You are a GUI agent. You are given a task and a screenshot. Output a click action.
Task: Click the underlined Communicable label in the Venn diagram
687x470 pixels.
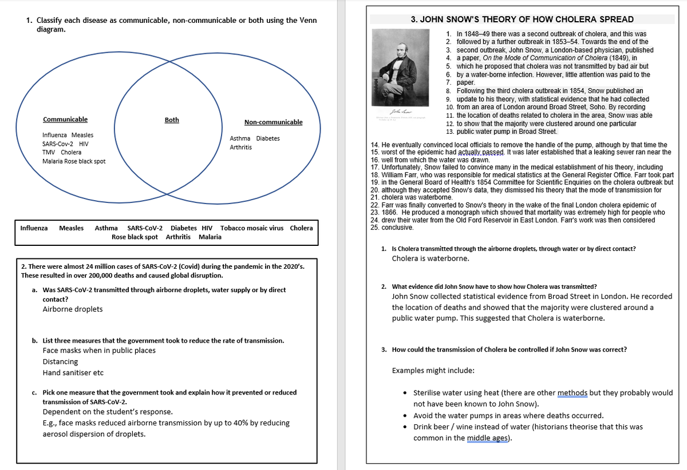pyautogui.click(x=65, y=120)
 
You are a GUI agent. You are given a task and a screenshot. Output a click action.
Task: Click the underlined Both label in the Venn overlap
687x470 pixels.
pyautogui.click(x=172, y=120)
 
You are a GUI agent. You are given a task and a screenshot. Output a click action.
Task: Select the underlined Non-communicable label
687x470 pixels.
pyautogui.click(x=273, y=122)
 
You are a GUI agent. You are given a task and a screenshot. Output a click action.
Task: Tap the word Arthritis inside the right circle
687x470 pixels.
pyautogui.click(x=240, y=148)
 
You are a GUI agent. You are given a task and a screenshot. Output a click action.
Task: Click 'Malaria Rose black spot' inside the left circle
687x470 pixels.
pyautogui.click(x=74, y=161)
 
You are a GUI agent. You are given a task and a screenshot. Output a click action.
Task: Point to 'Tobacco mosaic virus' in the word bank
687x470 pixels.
pyautogui.click(x=252, y=228)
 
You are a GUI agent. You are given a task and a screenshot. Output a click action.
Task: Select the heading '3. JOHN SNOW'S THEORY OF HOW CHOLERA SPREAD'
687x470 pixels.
pyautogui.click(x=522, y=19)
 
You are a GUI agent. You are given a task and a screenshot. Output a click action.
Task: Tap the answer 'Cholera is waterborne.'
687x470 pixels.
pyautogui.click(x=431, y=258)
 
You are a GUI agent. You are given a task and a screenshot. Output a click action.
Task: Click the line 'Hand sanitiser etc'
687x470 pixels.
pyautogui.click(x=73, y=373)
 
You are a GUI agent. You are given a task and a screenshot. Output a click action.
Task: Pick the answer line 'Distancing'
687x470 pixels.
pyautogui.click(x=60, y=362)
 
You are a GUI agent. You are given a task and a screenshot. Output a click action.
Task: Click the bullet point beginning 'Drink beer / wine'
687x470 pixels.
pyautogui.click(x=528, y=427)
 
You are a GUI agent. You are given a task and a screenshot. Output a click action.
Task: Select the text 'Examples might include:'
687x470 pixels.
pyautogui.click(x=433, y=371)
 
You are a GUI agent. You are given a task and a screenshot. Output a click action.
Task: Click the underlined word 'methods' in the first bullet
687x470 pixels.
pyautogui.click(x=572, y=393)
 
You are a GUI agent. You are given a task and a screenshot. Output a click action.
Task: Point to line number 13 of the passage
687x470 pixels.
pyautogui.click(x=449, y=132)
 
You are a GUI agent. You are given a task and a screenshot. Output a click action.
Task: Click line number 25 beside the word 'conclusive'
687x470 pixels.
pyautogui.click(x=376, y=227)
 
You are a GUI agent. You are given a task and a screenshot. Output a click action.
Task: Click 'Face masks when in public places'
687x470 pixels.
pyautogui.click(x=99, y=350)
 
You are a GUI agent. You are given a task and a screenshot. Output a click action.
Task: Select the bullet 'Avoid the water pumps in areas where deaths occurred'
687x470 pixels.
pyautogui.click(x=508, y=416)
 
